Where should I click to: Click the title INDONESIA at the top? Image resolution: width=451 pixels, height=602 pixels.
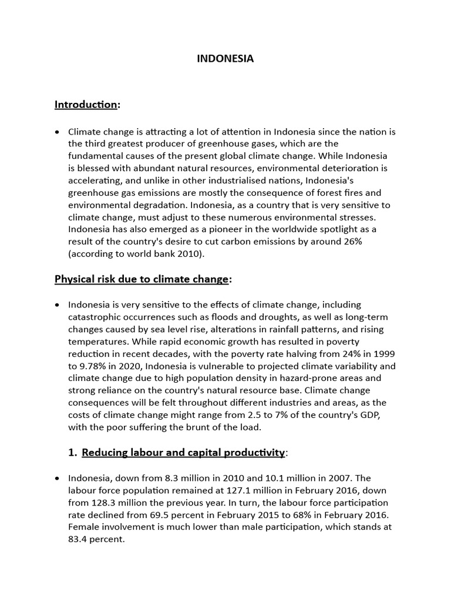click(225, 59)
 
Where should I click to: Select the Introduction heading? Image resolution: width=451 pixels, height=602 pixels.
click(86, 105)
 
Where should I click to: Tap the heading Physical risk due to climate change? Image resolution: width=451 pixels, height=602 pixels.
click(141, 279)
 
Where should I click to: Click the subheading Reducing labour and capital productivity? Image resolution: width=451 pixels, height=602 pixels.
click(183, 453)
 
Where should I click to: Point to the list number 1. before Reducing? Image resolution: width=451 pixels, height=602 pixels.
click(72, 453)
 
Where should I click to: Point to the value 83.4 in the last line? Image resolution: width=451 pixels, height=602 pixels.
click(80, 540)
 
